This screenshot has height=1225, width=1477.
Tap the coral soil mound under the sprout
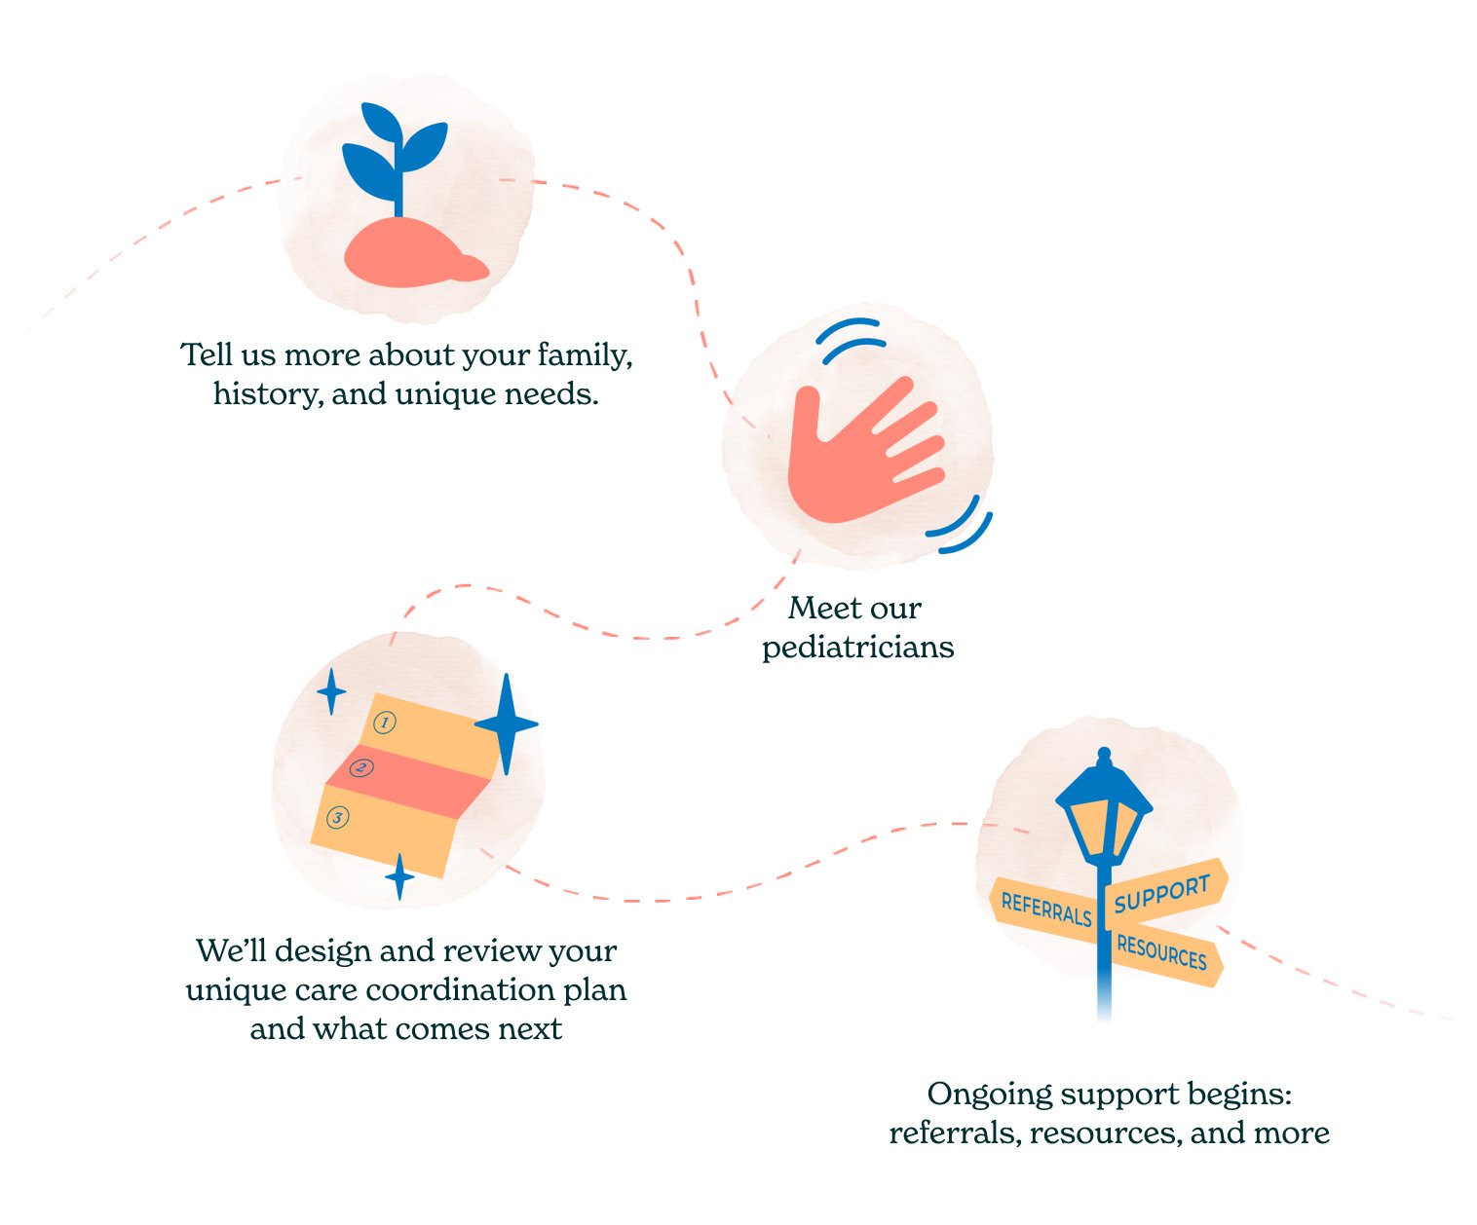click(x=409, y=255)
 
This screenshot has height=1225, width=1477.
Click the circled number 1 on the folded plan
click(x=385, y=723)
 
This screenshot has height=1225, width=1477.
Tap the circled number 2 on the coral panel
click(x=361, y=768)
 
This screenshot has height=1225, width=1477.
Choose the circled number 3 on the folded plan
click(x=337, y=817)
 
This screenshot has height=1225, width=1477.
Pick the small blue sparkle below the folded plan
click(x=398, y=876)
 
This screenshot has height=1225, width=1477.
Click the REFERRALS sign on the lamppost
click(x=1045, y=909)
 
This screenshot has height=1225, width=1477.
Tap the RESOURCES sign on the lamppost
click(x=1161, y=953)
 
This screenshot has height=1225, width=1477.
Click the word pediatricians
click(x=857, y=648)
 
